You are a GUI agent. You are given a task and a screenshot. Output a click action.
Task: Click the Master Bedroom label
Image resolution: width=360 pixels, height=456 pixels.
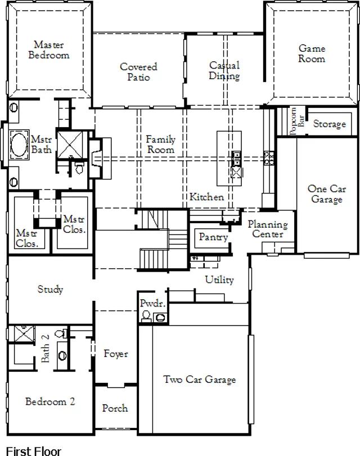pyautogui.click(x=48, y=49)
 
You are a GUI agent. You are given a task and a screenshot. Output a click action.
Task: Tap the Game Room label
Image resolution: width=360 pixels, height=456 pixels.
pyautogui.click(x=312, y=53)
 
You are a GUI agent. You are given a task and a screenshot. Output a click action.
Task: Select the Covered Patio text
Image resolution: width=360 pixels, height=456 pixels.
pyautogui.click(x=138, y=71)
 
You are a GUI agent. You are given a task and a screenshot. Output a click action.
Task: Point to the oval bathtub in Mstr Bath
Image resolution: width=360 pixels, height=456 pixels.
pyautogui.click(x=20, y=145)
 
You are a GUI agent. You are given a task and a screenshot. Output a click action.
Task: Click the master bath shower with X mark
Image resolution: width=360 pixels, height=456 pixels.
pyautogui.click(x=70, y=145)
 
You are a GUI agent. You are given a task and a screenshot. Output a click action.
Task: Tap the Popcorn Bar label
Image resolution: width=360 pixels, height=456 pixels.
pyautogui.click(x=297, y=121)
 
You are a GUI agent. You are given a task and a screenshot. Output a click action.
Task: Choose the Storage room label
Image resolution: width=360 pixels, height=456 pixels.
pyautogui.click(x=330, y=124)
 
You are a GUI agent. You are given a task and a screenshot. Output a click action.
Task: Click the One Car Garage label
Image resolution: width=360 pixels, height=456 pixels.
pyautogui.click(x=327, y=193)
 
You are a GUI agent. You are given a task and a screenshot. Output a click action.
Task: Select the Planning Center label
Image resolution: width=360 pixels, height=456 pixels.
pyautogui.click(x=268, y=229)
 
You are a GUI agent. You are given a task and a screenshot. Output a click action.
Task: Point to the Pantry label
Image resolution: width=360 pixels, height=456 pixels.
pyautogui.click(x=213, y=237)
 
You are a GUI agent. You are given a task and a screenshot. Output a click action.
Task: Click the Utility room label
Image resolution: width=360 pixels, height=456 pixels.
pyautogui.click(x=219, y=280)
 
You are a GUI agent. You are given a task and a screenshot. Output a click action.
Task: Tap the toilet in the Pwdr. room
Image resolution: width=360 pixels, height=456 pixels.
pyautogui.click(x=146, y=316)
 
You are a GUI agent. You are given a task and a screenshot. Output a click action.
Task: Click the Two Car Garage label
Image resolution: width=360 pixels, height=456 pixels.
pyautogui.click(x=200, y=380)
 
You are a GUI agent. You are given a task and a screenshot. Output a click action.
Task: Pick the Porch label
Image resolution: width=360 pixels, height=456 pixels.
pyautogui.click(x=115, y=408)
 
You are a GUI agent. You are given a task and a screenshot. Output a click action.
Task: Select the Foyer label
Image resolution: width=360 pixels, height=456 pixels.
pyautogui.click(x=116, y=354)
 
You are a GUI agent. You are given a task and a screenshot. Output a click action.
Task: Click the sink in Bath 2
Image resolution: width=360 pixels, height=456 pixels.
pyautogui.click(x=62, y=355)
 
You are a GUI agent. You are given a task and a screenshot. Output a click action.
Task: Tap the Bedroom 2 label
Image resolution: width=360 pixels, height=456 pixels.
pyautogui.click(x=50, y=401)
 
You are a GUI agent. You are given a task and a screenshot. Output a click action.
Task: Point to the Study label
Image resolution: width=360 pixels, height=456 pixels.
pyautogui.click(x=51, y=290)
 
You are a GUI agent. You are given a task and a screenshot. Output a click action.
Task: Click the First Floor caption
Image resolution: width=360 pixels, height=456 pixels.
pyautogui.click(x=34, y=451)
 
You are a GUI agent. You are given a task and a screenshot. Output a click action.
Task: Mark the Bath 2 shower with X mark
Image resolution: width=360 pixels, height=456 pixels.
pyautogui.click(x=24, y=333)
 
